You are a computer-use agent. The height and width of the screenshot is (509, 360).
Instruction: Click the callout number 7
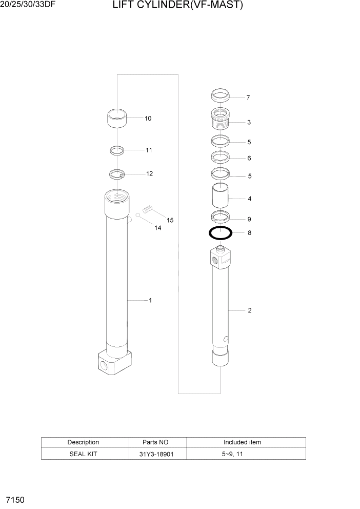click(x=248, y=97)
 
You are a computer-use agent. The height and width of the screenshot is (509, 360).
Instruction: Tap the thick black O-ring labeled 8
click(x=221, y=233)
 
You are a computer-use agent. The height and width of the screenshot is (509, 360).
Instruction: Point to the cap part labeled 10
click(x=117, y=118)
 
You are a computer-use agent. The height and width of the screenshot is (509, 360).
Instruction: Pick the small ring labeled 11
click(x=117, y=150)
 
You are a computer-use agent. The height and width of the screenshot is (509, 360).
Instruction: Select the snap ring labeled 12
click(x=117, y=174)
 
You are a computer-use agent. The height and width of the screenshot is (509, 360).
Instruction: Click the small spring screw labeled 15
click(x=148, y=209)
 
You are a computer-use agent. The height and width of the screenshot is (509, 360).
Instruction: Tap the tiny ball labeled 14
click(x=138, y=214)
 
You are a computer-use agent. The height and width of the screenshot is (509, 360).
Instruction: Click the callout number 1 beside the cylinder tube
click(x=150, y=300)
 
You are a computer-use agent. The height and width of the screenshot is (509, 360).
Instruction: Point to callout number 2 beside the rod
click(x=249, y=310)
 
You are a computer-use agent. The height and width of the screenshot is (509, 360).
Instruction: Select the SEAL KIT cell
click(x=83, y=454)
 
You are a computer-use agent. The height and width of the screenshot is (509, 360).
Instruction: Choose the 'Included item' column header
click(x=242, y=442)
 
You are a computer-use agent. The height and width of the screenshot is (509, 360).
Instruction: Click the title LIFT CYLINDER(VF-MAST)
click(x=177, y=6)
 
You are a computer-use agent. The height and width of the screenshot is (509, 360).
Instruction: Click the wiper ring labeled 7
click(x=221, y=95)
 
